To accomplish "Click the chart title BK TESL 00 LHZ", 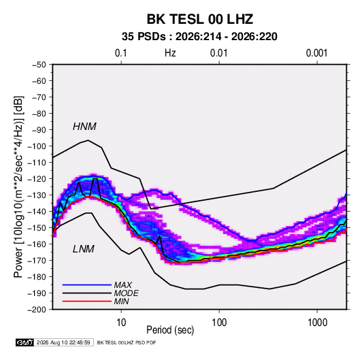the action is (x=199, y=19).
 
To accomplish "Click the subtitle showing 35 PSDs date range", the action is (x=199, y=37).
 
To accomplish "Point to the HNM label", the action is (x=84, y=127).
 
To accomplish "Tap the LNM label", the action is (x=84, y=249).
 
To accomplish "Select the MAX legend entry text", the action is (x=123, y=285).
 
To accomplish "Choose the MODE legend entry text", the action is (x=127, y=293).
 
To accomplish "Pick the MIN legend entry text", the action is (x=121, y=301).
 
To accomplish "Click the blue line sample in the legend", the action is (x=87, y=285).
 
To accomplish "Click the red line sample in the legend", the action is (x=87, y=301).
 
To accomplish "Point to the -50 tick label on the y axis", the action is (x=39, y=65).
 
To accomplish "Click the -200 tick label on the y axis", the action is (x=37, y=310).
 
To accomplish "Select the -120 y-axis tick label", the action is (x=37, y=179).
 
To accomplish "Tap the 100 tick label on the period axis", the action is (x=219, y=323).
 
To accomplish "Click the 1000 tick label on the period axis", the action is (x=317, y=323).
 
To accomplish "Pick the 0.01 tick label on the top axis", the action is (x=218, y=53).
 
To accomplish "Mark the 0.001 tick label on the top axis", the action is (x=316, y=53).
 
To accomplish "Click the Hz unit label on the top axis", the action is (x=170, y=53).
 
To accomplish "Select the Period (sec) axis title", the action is (x=170, y=330).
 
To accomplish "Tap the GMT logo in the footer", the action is (x=24, y=342).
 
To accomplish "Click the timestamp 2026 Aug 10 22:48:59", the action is (x=63, y=342).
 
